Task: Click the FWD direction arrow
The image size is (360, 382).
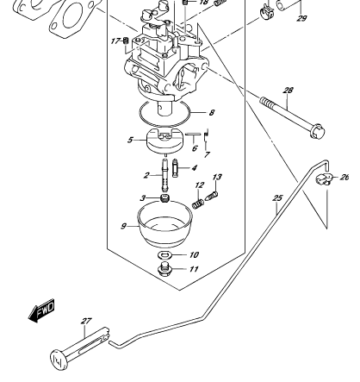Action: click(x=41, y=310)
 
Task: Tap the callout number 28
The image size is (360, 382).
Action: click(x=288, y=91)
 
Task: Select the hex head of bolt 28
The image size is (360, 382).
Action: click(x=318, y=132)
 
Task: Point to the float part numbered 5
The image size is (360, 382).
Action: click(x=164, y=141)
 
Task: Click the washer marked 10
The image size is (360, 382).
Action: click(x=164, y=254)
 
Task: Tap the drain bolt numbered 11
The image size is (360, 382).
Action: click(x=164, y=269)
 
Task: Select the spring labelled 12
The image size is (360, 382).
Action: click(x=198, y=204)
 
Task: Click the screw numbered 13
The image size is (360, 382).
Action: click(x=211, y=197)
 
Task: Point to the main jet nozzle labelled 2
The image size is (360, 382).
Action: click(x=164, y=175)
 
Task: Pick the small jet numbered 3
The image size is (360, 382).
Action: click(x=164, y=198)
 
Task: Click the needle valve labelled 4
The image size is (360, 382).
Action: click(x=175, y=168)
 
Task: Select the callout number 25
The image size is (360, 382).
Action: click(x=277, y=198)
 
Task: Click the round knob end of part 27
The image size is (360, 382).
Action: click(x=59, y=360)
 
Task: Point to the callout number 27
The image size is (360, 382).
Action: click(x=86, y=321)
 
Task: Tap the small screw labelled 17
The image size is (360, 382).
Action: click(x=125, y=41)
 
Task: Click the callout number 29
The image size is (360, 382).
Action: click(x=301, y=19)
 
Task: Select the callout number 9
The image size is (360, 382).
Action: click(x=123, y=227)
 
